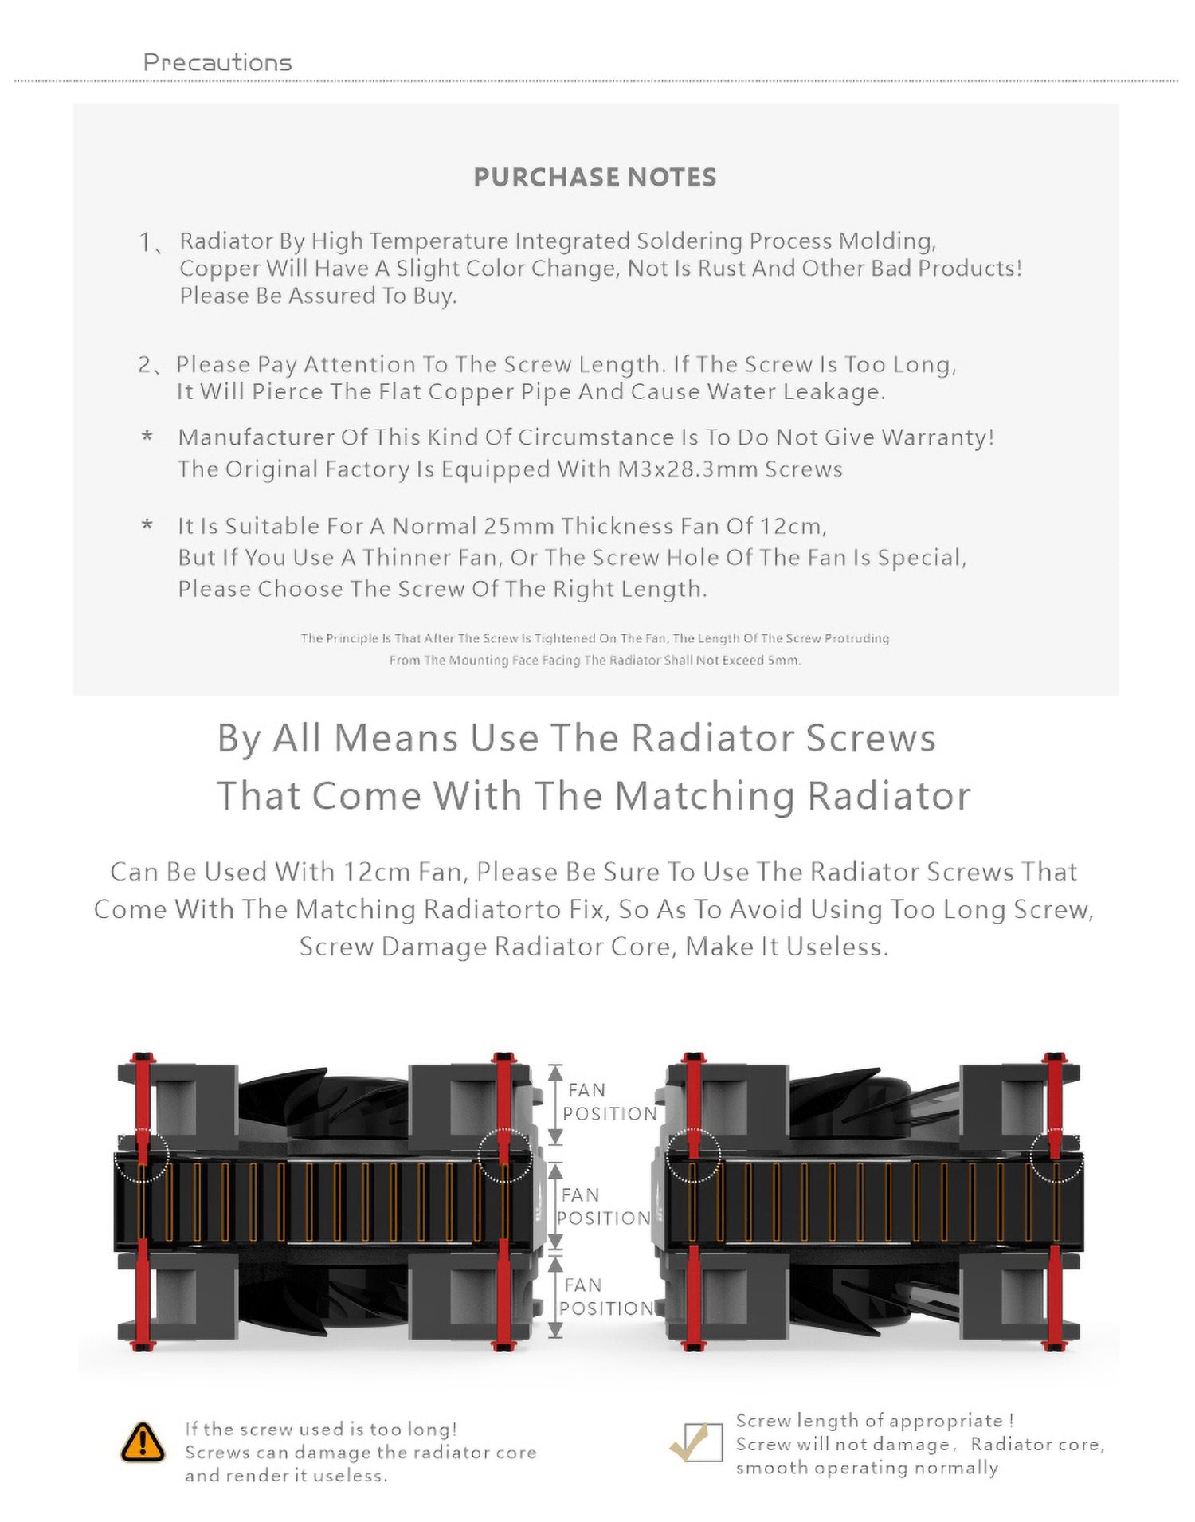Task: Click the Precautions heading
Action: pos(217,62)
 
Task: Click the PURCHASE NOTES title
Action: pos(595,177)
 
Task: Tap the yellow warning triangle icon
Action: pos(143,1442)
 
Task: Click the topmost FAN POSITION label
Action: pos(609,1102)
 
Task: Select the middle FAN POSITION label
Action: pos(604,1206)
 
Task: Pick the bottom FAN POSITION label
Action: pos(605,1297)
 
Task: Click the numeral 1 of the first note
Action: pos(145,241)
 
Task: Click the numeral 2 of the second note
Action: pos(145,365)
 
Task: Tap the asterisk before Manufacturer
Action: pos(147,437)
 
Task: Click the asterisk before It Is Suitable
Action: pos(147,526)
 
